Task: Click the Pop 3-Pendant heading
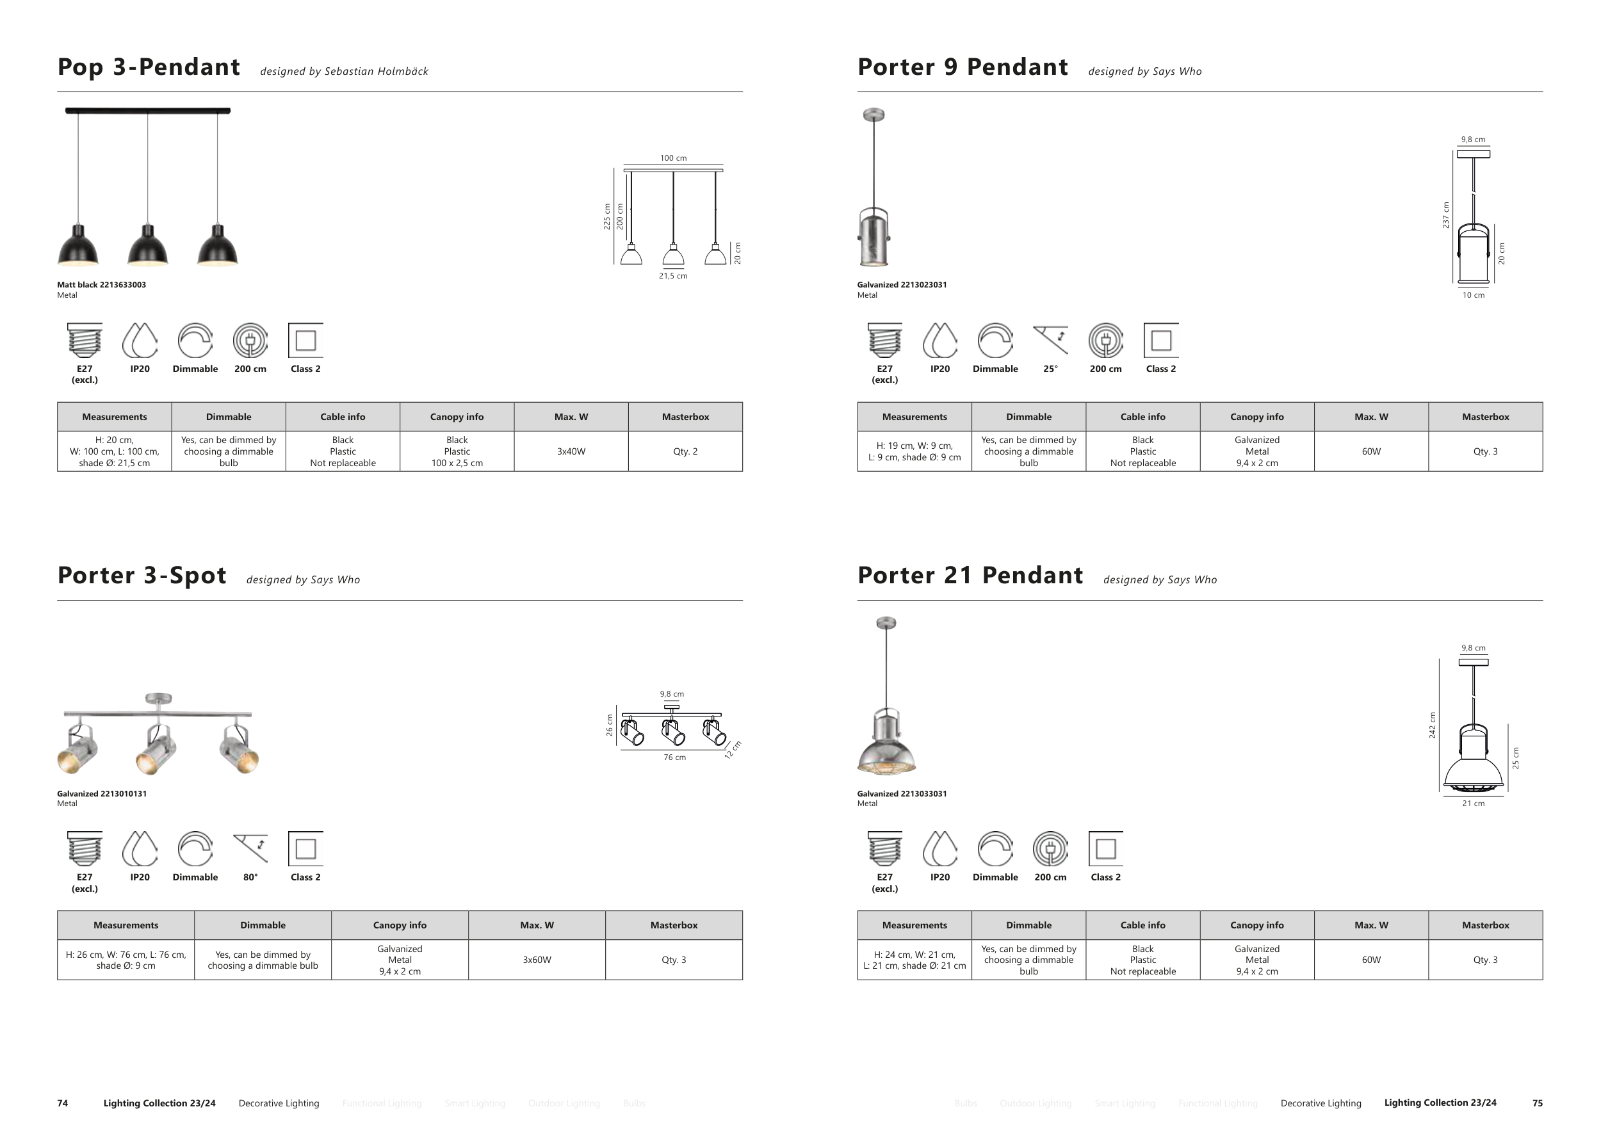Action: click(x=149, y=68)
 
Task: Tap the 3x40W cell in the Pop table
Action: click(x=571, y=451)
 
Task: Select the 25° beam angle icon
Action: click(x=1050, y=340)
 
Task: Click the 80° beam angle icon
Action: click(x=250, y=848)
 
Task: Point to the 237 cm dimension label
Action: click(x=1445, y=214)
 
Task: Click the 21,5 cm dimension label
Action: click(x=673, y=276)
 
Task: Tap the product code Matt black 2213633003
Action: click(x=102, y=285)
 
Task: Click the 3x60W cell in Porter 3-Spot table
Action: click(x=537, y=960)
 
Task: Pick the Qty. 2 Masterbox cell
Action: click(x=685, y=451)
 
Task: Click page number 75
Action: click(x=1538, y=1103)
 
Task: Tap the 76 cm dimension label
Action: click(x=674, y=757)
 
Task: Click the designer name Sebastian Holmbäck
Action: click(x=377, y=72)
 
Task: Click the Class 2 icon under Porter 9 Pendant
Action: click(x=1161, y=340)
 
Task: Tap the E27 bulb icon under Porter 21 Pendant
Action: click(x=884, y=848)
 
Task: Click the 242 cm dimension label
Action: click(x=1432, y=725)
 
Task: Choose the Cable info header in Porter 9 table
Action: click(x=1142, y=417)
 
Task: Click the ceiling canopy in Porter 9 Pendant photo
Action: click(x=874, y=115)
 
